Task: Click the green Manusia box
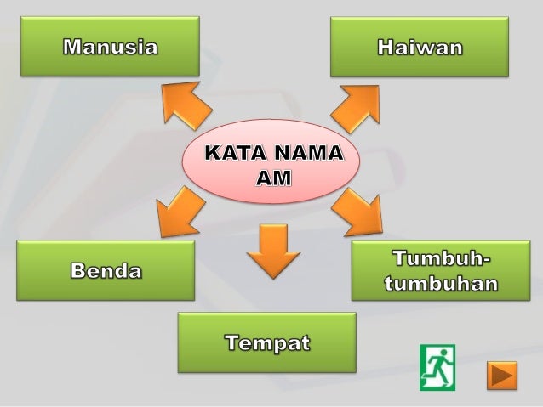click(x=110, y=47)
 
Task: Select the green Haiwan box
click(x=420, y=47)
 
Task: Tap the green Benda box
click(x=106, y=270)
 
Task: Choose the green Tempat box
click(x=266, y=342)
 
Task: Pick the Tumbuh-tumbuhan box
click(x=440, y=270)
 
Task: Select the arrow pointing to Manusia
click(x=187, y=106)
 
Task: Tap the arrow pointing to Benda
click(x=180, y=212)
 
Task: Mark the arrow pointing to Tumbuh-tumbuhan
click(x=357, y=212)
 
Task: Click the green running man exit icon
click(x=437, y=367)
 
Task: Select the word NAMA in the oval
click(x=307, y=155)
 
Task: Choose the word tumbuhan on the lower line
click(x=441, y=284)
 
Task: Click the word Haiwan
click(x=420, y=48)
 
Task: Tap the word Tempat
click(x=267, y=343)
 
